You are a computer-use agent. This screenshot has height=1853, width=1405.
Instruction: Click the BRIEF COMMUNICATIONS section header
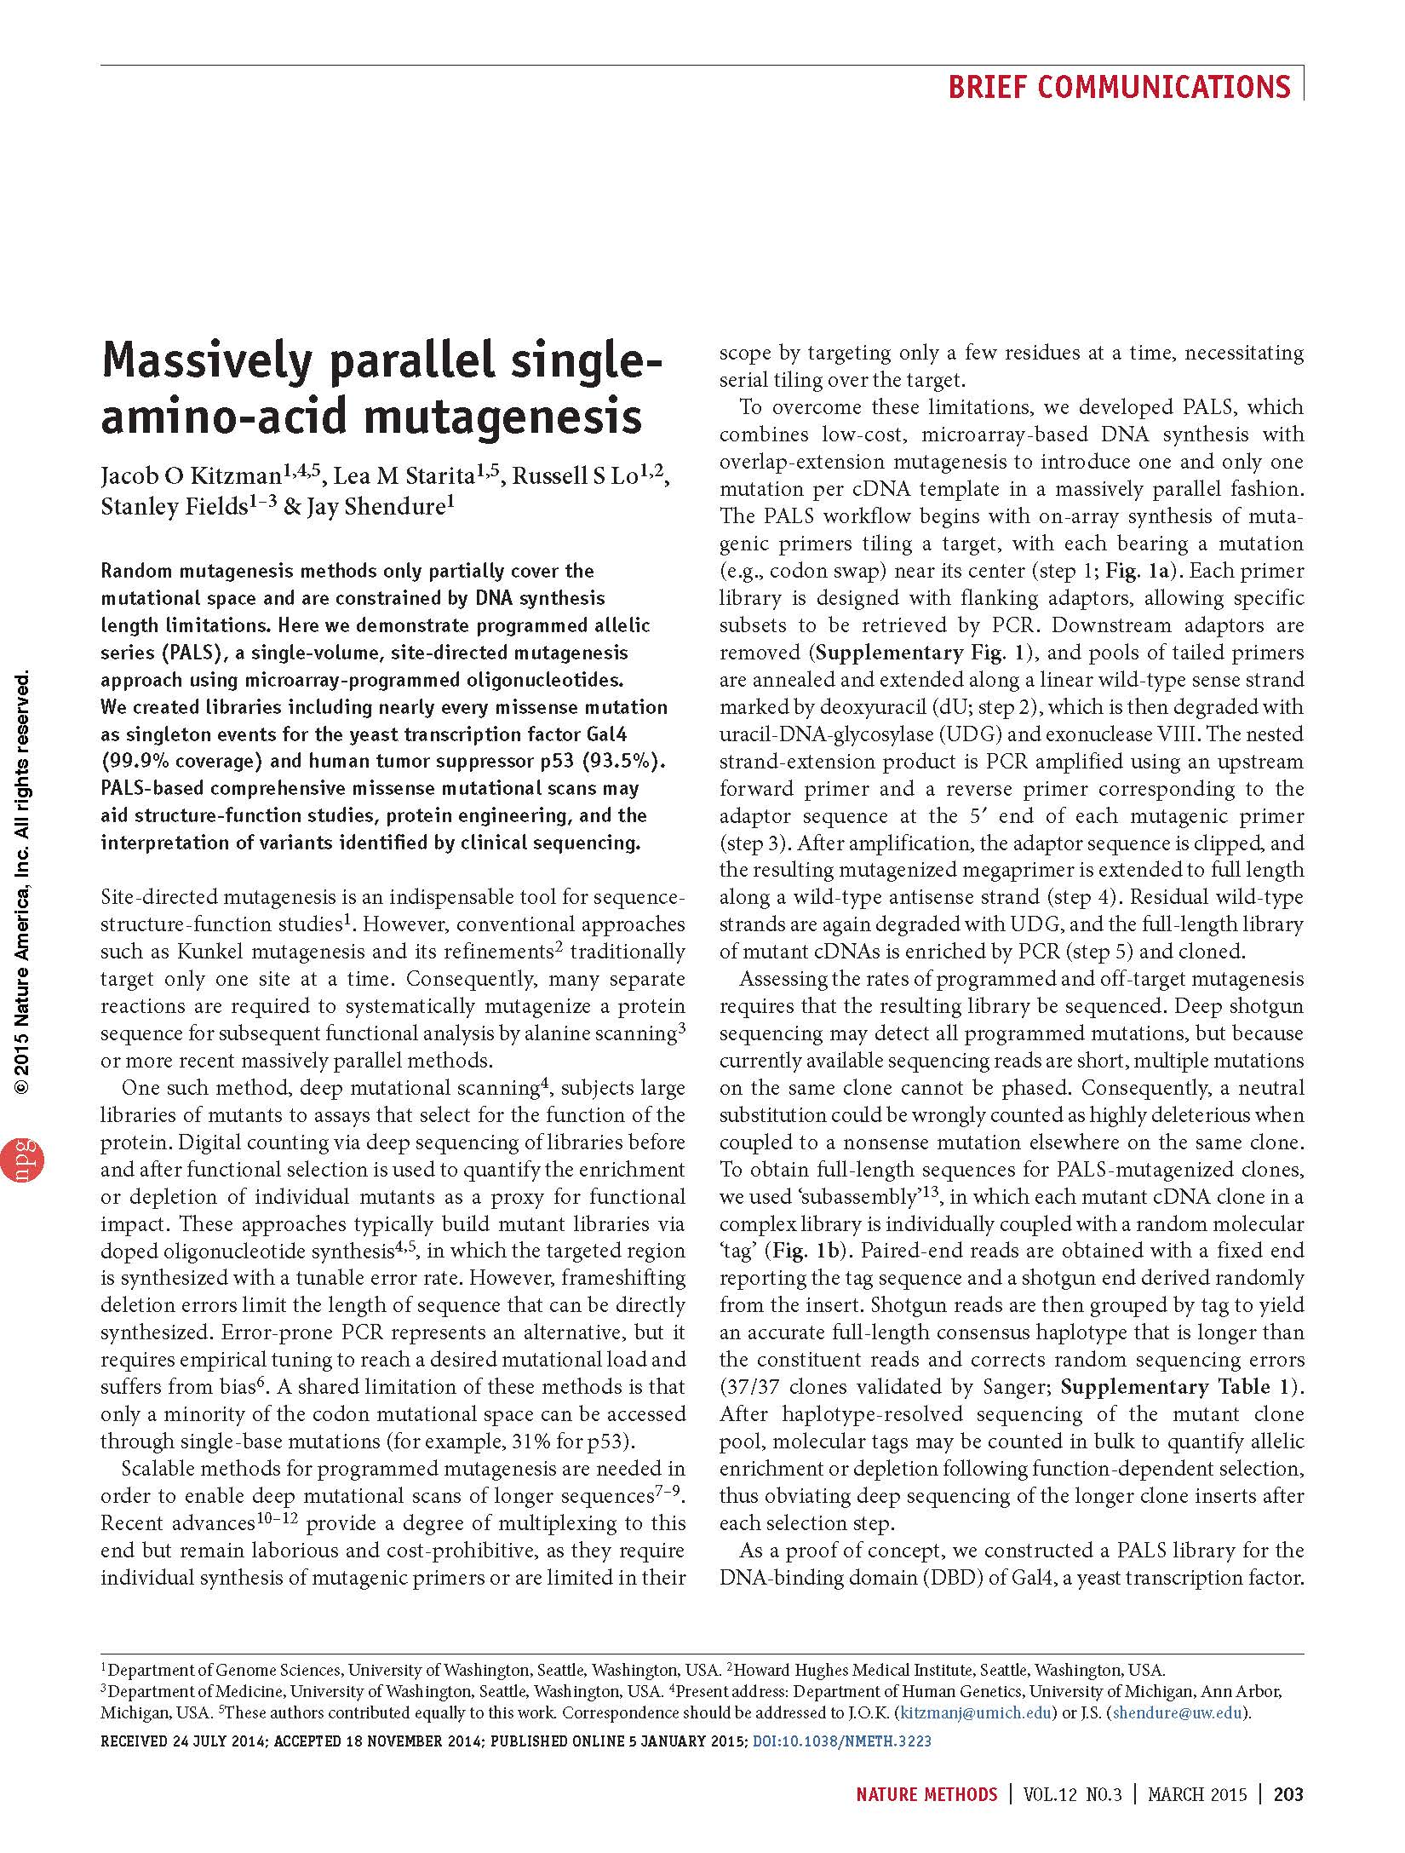click(x=1119, y=87)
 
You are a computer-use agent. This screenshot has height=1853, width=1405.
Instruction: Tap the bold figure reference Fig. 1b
click(x=802, y=1251)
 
